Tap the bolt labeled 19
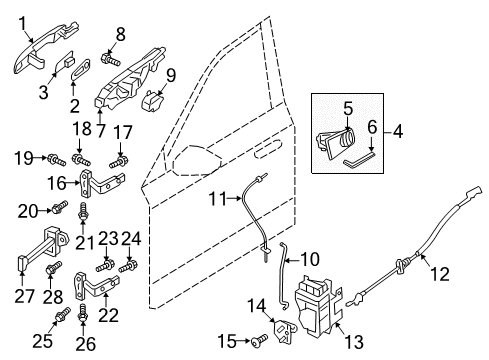[56, 159]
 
